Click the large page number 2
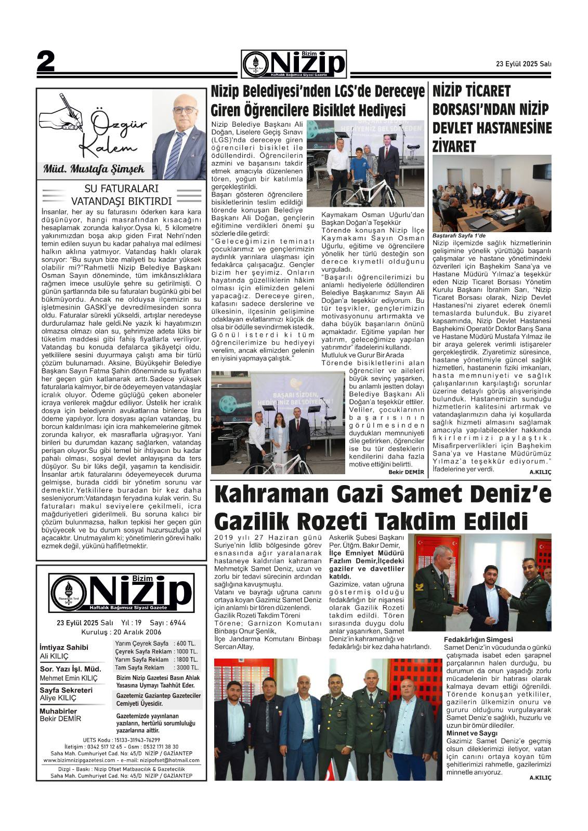point(46,63)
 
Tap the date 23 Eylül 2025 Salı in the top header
point(524,64)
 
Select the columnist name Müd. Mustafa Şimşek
point(94,169)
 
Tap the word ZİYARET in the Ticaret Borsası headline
point(454,146)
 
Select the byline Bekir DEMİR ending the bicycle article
point(406,472)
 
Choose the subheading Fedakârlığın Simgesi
point(478,639)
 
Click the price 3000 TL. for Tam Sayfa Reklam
point(187,667)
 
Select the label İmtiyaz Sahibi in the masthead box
point(64,647)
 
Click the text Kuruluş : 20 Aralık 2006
point(121,632)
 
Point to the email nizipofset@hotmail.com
point(168,760)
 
